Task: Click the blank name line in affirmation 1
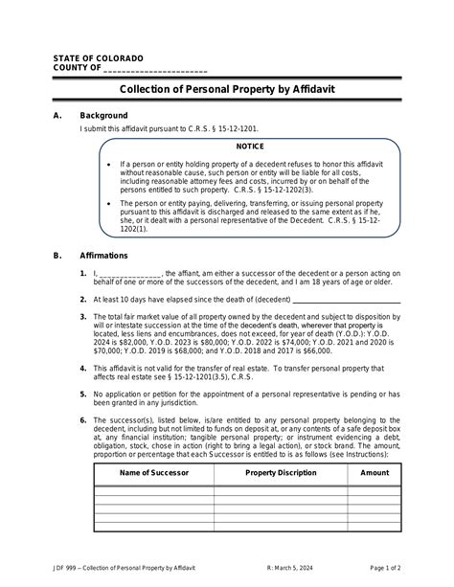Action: coord(129,273)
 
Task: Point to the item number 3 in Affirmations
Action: coord(84,316)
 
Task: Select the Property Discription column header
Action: coord(281,473)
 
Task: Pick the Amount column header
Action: coord(375,473)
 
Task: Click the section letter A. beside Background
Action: coord(57,115)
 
